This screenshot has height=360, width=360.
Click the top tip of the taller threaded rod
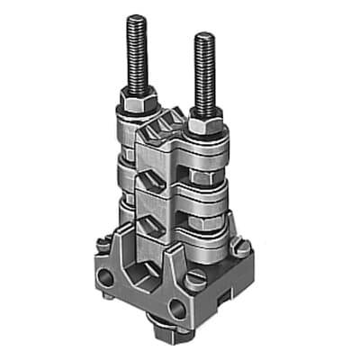(137, 18)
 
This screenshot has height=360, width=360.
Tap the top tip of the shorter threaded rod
(204, 37)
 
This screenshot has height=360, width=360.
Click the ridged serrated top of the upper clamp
(171, 121)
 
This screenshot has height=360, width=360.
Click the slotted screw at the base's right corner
(240, 246)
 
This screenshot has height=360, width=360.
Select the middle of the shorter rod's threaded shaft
(204, 72)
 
